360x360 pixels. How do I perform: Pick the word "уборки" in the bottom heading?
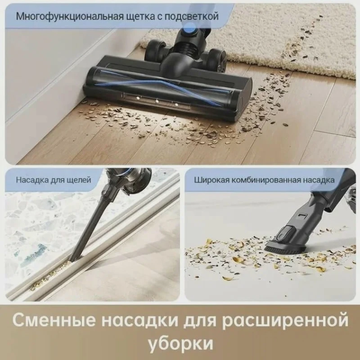point(180,344)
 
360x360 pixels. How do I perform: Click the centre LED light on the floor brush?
point(157,101)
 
